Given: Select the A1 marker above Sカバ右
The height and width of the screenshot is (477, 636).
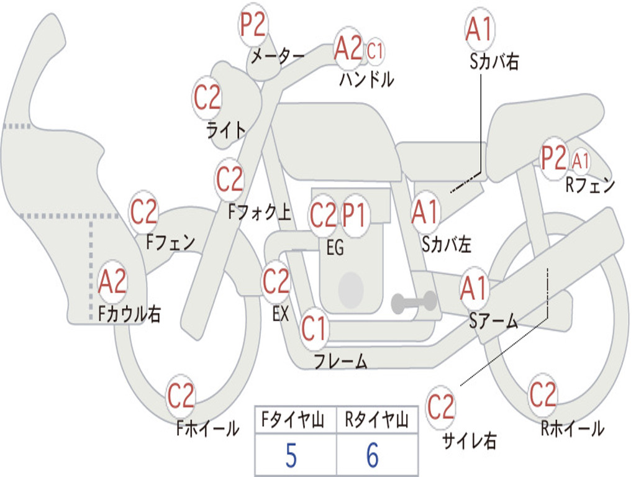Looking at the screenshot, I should tap(479, 30).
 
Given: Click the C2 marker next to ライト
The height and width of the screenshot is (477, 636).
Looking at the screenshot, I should tap(207, 97).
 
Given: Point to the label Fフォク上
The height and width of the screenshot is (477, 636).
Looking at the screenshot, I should tap(259, 213).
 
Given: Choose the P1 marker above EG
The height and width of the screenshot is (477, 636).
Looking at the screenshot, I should tap(355, 215).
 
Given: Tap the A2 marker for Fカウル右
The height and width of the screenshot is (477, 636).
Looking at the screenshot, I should tap(112, 282).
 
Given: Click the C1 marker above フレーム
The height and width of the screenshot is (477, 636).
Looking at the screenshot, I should tap(314, 329).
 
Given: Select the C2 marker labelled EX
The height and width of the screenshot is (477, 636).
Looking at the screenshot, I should tap(276, 282).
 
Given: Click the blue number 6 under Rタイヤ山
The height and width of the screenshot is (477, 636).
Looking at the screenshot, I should tap(373, 456).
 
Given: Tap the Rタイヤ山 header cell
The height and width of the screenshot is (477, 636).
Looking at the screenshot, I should tap(377, 421).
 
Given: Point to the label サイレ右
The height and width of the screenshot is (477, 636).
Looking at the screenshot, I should tap(470, 441).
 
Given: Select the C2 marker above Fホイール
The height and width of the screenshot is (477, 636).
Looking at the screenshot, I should tap(181, 396).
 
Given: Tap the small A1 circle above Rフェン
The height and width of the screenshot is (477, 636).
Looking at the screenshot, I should tap(581, 161).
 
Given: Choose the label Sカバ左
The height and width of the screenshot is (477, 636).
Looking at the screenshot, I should tap(447, 245).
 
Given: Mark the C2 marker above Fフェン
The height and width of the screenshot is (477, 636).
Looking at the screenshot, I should tap(143, 213).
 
